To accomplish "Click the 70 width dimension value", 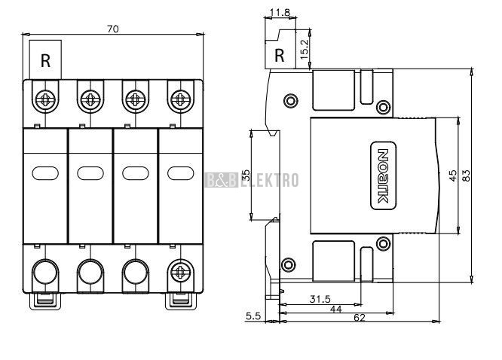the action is [113, 29].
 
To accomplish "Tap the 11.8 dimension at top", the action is [280, 13].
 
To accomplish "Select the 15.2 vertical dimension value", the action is [305, 49].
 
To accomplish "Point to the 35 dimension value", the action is [246, 175].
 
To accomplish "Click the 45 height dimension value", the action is [453, 175].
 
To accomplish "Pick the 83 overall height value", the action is [467, 175].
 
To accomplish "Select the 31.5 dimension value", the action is [320, 299].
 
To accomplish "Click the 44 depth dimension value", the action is [335, 309].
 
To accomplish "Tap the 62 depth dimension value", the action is [360, 317].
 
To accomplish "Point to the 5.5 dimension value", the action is [253, 316].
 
